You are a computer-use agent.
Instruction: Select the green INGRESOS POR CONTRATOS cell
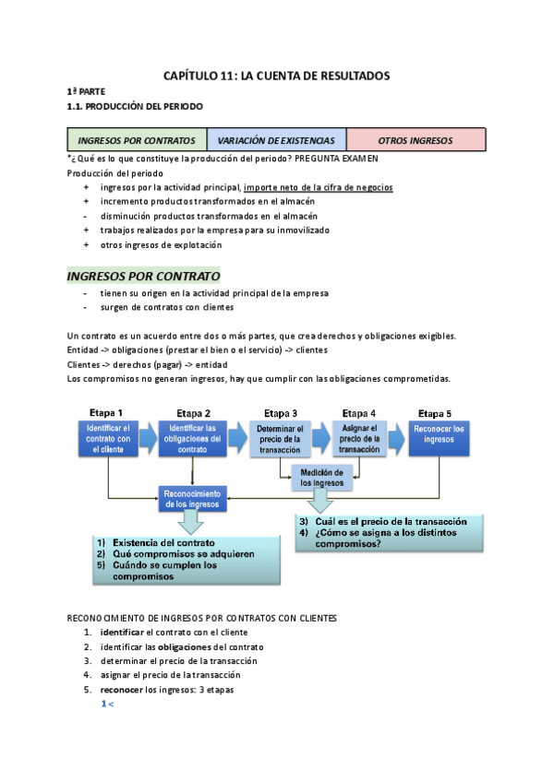(137, 141)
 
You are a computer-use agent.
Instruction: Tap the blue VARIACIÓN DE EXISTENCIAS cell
(277, 141)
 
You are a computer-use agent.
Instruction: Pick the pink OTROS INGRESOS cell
(415, 141)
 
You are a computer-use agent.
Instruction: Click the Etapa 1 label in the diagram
(106, 412)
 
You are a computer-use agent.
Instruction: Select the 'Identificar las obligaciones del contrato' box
(192, 438)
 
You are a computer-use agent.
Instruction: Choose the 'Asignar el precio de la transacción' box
(359, 438)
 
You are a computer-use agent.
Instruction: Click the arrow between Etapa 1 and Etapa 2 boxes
(148, 437)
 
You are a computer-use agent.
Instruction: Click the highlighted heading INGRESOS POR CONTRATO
(143, 276)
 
